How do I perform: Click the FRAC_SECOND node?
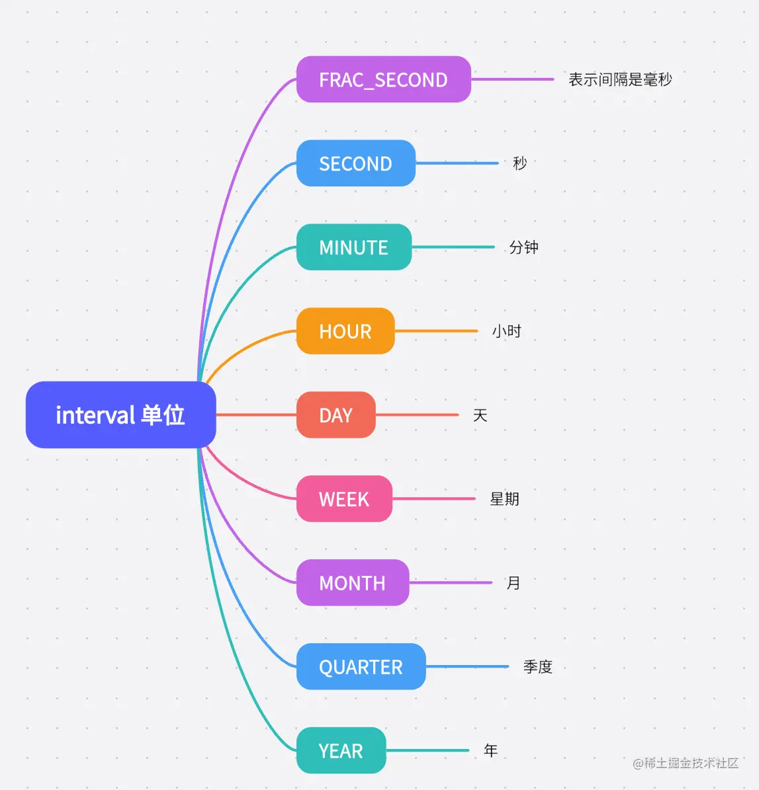(x=383, y=79)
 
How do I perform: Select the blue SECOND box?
(x=355, y=163)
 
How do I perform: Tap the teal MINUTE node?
(x=353, y=247)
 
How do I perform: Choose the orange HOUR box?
(x=345, y=331)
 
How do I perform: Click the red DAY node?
(x=335, y=415)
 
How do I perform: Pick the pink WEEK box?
(x=344, y=499)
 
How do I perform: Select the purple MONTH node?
(x=352, y=583)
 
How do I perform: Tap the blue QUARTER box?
(x=361, y=667)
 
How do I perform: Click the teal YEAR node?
(x=341, y=751)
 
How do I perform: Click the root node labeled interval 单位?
(x=120, y=415)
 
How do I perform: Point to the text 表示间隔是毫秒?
(x=620, y=79)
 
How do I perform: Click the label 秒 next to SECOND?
(x=520, y=163)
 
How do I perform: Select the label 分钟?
(x=523, y=247)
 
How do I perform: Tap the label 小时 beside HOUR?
(x=506, y=331)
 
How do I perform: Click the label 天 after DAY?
(x=480, y=415)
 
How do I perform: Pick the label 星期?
(x=504, y=499)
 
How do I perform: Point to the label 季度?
(x=537, y=667)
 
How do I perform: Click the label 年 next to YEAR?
(x=490, y=751)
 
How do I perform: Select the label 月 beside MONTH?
(x=513, y=583)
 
